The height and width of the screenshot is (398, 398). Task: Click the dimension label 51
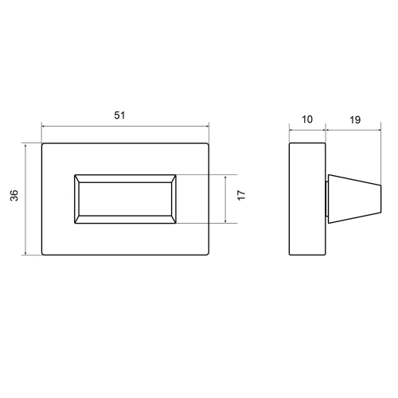click(x=119, y=115)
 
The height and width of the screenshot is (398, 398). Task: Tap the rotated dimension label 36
click(x=14, y=195)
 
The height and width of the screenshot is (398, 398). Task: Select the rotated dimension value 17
click(x=241, y=195)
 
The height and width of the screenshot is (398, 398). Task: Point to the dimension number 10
click(x=307, y=119)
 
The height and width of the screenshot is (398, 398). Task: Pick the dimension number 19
click(x=355, y=120)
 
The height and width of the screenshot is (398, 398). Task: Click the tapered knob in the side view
click(x=355, y=199)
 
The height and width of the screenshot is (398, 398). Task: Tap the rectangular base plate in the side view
click(x=307, y=199)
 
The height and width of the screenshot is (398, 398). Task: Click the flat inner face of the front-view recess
click(x=125, y=199)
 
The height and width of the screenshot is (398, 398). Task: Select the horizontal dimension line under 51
click(x=125, y=127)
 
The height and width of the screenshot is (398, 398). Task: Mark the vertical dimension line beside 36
click(x=25, y=200)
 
